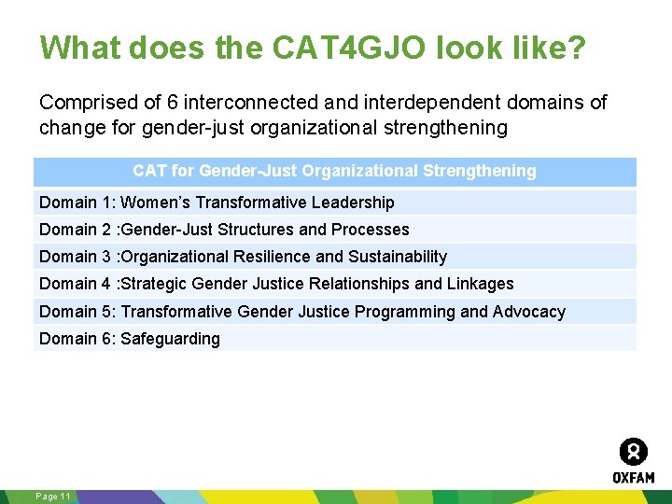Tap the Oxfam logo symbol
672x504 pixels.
click(x=633, y=452)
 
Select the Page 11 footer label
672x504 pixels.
click(x=52, y=497)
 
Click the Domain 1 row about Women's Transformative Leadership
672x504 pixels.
click(x=217, y=203)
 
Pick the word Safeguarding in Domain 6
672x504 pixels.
click(x=171, y=339)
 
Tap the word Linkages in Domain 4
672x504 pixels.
click(x=481, y=284)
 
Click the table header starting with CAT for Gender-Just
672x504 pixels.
click(x=334, y=171)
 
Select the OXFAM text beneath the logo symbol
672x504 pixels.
click(x=633, y=477)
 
